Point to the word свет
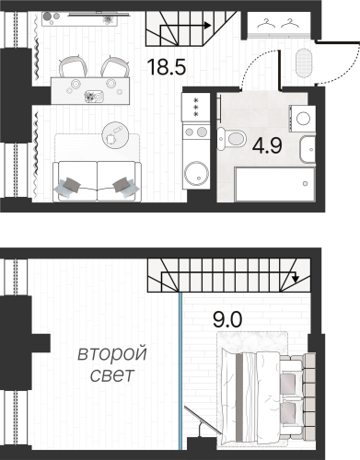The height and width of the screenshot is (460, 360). [x=111, y=375]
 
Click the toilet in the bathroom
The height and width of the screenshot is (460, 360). [x=236, y=139]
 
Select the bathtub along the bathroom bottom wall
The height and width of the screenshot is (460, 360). [x=275, y=181]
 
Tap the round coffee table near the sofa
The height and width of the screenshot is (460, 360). [x=115, y=132]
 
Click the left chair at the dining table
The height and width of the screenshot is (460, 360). [x=73, y=67]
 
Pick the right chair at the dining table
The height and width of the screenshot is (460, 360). [x=114, y=67]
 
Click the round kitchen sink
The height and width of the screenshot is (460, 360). [x=195, y=172]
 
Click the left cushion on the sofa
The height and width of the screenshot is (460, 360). [x=68, y=186]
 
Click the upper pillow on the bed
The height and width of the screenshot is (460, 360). [x=293, y=375]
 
